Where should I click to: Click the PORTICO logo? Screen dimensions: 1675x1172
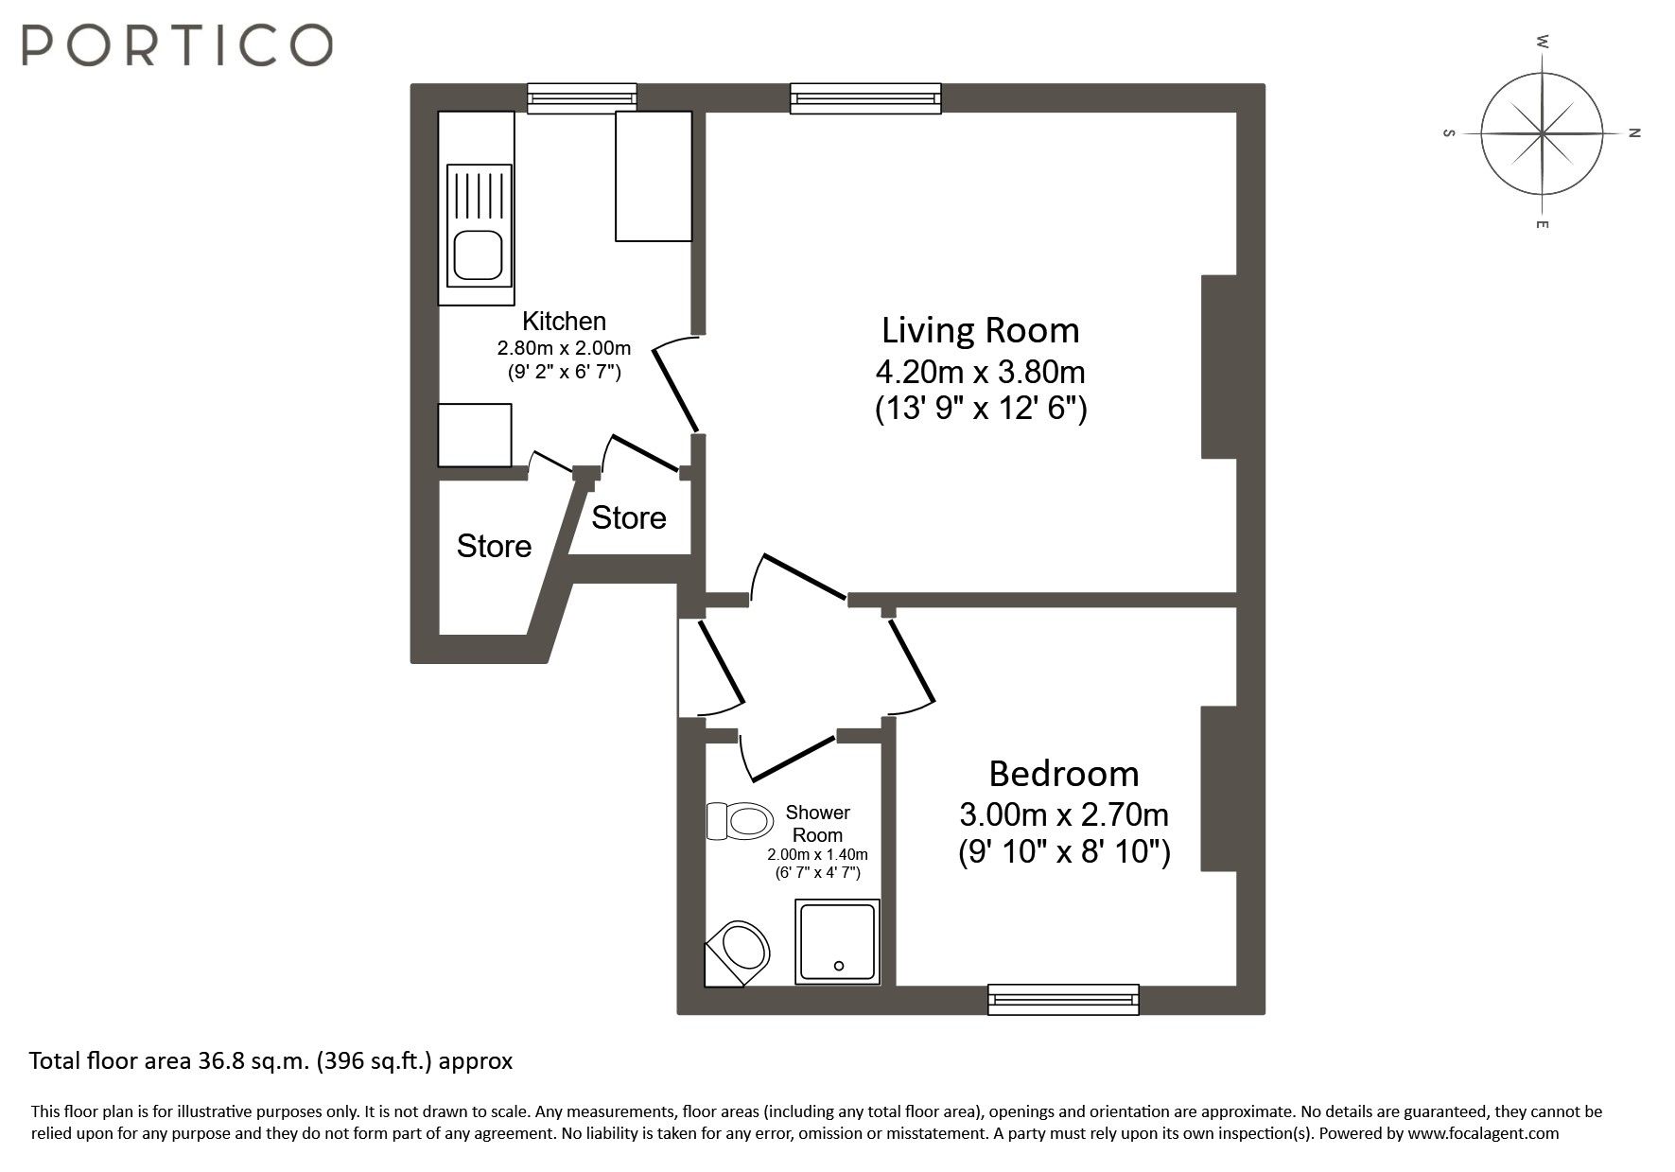coord(177,44)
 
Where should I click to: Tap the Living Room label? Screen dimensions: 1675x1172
coord(981,330)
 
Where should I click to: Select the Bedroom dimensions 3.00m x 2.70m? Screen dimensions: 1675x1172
coord(1064,813)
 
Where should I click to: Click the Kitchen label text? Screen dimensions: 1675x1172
coord(564,321)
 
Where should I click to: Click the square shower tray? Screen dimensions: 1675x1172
coord(838,941)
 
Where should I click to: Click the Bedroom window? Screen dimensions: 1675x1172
coord(1063,1000)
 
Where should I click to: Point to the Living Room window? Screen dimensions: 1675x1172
coord(865,98)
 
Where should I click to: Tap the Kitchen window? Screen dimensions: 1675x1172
coord(582,98)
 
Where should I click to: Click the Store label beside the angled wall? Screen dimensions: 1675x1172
coord(494,546)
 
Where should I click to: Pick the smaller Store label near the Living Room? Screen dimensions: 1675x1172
coord(629,517)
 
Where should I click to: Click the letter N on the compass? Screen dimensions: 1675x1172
coord(1634,133)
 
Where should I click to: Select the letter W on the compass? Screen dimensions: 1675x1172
coord(1543,42)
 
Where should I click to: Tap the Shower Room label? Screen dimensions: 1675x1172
coord(817,824)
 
